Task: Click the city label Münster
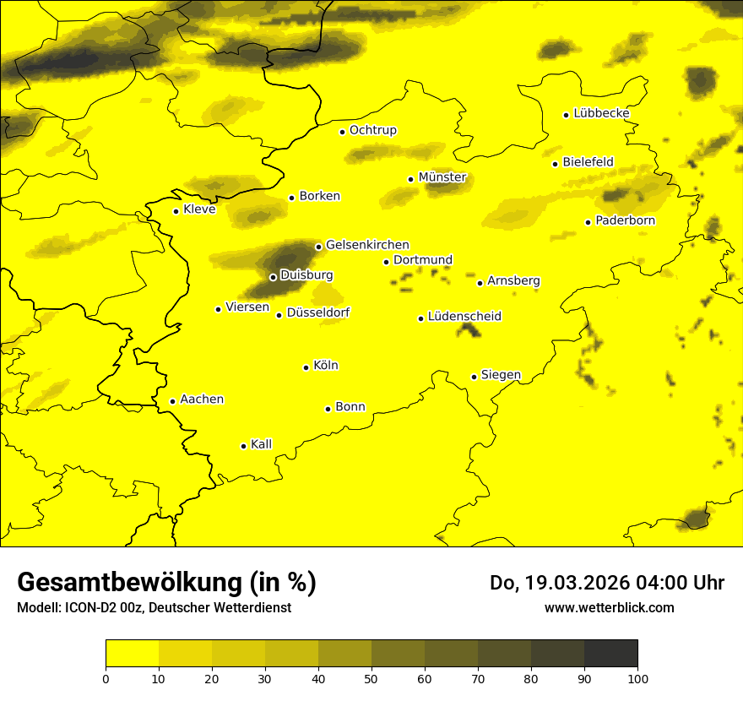(442, 177)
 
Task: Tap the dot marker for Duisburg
(273, 277)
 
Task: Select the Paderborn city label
(626, 220)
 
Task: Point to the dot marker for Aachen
(172, 401)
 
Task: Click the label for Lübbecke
(601, 113)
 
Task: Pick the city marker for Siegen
(474, 377)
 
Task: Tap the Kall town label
(262, 444)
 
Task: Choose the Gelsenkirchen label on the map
(367, 245)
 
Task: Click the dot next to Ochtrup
(342, 132)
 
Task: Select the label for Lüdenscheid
(464, 317)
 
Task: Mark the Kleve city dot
(176, 211)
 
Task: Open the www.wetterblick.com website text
(609, 607)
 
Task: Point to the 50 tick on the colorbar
(371, 677)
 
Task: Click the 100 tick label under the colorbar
(637, 677)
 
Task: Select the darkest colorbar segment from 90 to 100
(610, 654)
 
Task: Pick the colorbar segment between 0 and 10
(132, 654)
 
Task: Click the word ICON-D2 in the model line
(89, 608)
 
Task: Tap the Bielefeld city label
(588, 161)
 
